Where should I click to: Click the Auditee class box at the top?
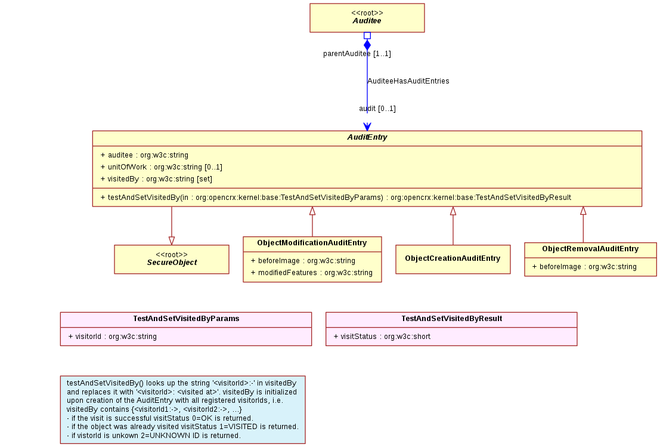click(367, 18)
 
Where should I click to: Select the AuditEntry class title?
click(367, 137)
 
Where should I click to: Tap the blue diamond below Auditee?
click(367, 45)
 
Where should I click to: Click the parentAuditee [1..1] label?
click(357, 54)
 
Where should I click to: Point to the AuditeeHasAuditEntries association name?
click(408, 81)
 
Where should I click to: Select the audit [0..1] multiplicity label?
click(377, 109)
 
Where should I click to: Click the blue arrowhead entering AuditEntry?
click(367, 127)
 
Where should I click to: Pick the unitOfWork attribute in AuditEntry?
click(161, 167)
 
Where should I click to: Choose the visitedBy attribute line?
click(156, 178)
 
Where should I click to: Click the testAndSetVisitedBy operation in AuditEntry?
click(336, 197)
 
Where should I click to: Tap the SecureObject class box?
click(172, 259)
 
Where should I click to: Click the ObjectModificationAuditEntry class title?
click(312, 243)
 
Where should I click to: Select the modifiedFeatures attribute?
click(311, 273)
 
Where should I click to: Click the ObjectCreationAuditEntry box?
click(453, 259)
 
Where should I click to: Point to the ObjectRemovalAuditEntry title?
click(590, 249)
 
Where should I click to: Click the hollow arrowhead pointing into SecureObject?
click(172, 241)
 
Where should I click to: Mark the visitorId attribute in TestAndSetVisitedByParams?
click(113, 336)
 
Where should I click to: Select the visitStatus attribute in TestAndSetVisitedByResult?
click(382, 336)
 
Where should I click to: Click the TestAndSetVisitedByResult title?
click(452, 319)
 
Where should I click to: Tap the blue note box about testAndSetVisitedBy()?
click(182, 409)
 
